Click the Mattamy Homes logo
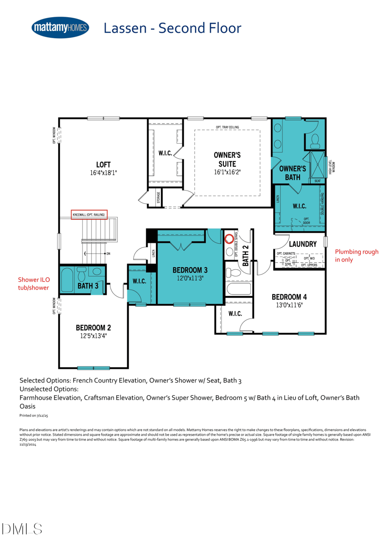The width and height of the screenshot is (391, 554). (x=60, y=28)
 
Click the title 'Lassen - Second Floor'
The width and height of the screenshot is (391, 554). (x=172, y=28)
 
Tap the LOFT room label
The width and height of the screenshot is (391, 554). (x=103, y=164)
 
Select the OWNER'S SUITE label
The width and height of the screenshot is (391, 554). (x=227, y=159)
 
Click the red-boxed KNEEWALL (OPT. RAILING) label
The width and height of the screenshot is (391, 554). (x=89, y=215)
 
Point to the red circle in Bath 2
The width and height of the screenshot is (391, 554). (x=229, y=239)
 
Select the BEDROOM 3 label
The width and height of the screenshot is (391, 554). (x=190, y=270)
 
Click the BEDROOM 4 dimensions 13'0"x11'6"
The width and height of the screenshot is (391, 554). (x=289, y=305)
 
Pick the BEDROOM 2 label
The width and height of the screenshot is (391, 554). (x=93, y=328)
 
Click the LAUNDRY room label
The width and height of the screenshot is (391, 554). (x=303, y=243)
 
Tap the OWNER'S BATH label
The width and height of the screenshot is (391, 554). (x=292, y=172)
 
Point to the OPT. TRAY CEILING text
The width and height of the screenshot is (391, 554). (x=227, y=128)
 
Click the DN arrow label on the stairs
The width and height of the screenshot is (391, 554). (x=108, y=254)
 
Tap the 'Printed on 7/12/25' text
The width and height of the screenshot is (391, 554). (x=34, y=415)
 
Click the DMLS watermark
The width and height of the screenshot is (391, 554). (x=22, y=528)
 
